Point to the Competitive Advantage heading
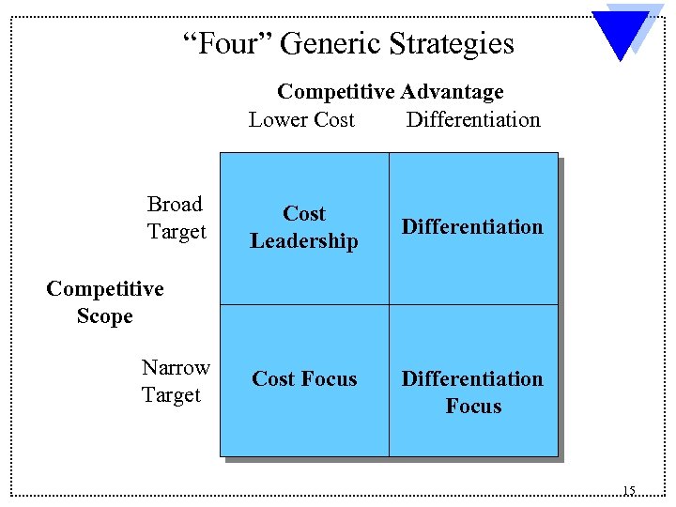coord(390,92)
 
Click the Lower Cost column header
coord(301,119)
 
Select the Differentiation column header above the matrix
coord(473,119)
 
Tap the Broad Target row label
coord(176,218)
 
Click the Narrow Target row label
coord(176,381)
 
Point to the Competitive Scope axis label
coord(105,302)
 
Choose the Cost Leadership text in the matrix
coord(304,227)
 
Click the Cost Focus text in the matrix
coord(304,379)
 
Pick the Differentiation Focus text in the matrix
coord(472,392)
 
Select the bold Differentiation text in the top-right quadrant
coord(472,227)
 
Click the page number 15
coord(628,490)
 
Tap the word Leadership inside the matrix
coord(304,241)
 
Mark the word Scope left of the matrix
coord(105,316)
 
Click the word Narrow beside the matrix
coord(176,367)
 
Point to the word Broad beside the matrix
coord(176,204)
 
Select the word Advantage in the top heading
coord(452,92)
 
